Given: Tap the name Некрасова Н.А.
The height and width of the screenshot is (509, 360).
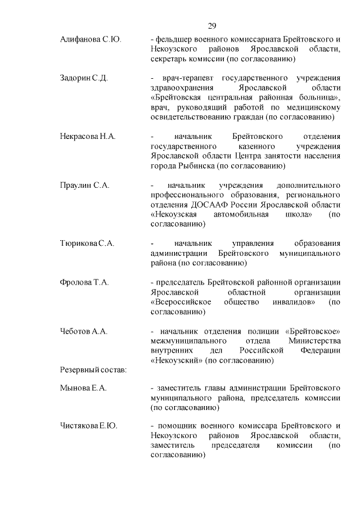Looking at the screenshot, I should (88, 137).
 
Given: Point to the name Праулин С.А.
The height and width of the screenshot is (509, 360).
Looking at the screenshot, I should (84, 185).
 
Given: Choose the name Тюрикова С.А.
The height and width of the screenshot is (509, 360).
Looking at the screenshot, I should (87, 244).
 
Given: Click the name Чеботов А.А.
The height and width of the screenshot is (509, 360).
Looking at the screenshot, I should (84, 332).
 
